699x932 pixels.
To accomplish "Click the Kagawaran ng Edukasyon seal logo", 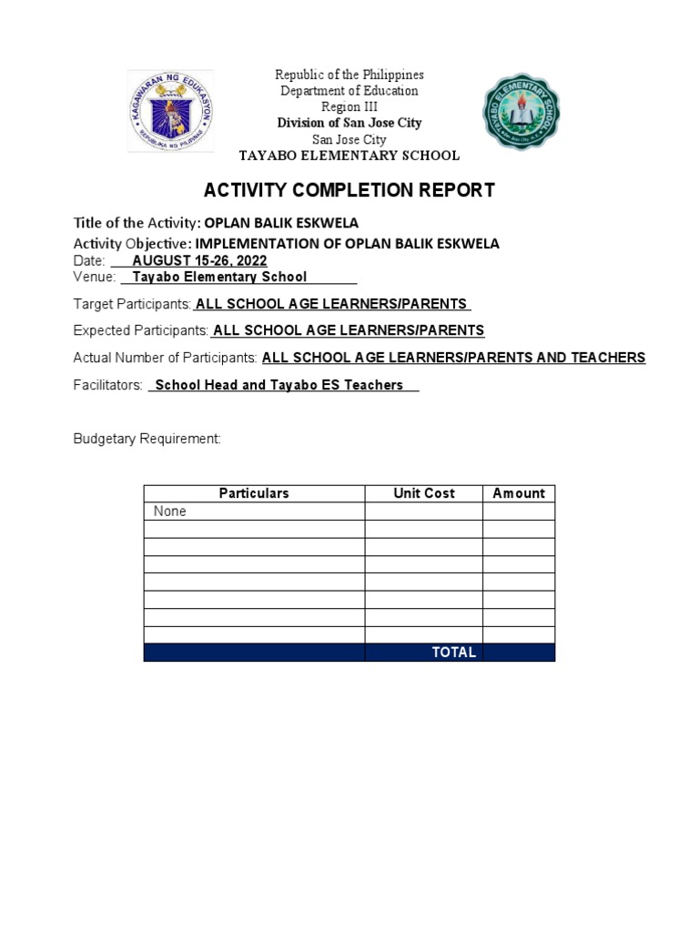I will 170,111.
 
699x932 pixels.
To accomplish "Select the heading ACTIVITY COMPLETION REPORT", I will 349,190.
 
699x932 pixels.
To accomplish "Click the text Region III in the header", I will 349,106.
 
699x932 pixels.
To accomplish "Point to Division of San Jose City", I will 349,123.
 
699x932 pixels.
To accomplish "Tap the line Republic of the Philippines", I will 349,75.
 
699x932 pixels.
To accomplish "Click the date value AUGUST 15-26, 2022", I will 199,260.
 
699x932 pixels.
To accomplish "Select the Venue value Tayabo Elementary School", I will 219,277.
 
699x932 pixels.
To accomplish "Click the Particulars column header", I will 254,493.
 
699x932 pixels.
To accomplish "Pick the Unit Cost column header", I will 423,493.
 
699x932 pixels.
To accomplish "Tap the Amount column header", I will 519,493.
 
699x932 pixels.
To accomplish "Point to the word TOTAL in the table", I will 454,653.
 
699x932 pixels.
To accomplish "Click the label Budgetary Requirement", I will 147,439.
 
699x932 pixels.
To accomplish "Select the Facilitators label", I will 107,385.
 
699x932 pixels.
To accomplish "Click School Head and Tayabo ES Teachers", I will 279,385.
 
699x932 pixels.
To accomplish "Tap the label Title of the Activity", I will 137,223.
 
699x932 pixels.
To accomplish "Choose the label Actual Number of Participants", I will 165,358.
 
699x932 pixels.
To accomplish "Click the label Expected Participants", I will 140,330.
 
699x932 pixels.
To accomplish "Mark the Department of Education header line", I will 349,91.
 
